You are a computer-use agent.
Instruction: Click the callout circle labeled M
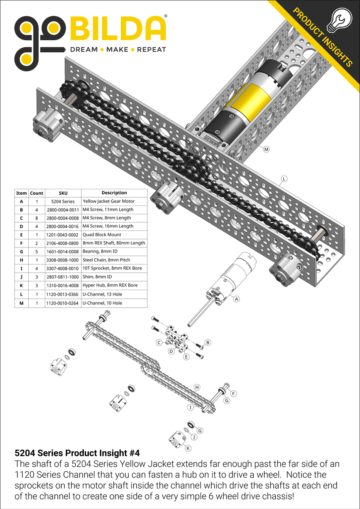pyautogui.click(x=267, y=149)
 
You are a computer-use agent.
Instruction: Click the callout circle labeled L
pyautogui.click(x=284, y=179)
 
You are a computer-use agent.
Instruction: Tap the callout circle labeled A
pyautogui.click(x=236, y=299)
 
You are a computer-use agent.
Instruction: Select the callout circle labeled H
pyautogui.click(x=197, y=387)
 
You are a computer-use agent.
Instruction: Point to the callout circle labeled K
pyautogui.click(x=188, y=448)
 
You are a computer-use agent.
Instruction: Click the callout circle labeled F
pyautogui.click(x=233, y=393)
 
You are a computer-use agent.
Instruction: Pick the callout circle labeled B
pyautogui.click(x=208, y=342)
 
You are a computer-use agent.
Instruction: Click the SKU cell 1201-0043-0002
pyautogui.click(x=62, y=235)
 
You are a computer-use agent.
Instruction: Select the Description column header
pyautogui.click(x=114, y=193)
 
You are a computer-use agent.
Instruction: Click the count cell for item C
pyautogui.click(x=36, y=218)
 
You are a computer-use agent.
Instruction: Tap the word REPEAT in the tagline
pyautogui.click(x=151, y=49)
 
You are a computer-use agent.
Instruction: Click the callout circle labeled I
pyautogui.click(x=190, y=408)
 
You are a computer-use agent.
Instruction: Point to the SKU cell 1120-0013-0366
pyautogui.click(x=62, y=294)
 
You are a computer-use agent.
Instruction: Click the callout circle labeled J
pyautogui.click(x=194, y=436)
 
